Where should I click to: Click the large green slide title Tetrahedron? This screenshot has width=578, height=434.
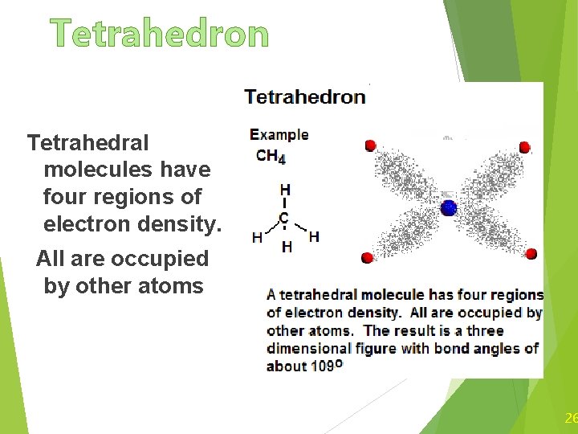[160, 34]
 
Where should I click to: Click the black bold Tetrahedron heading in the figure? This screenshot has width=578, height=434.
[304, 97]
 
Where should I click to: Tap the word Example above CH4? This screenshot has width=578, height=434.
[279, 135]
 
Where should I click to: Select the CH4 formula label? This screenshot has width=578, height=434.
[270, 156]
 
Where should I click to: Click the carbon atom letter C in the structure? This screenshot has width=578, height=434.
[284, 218]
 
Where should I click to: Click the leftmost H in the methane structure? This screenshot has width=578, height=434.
[257, 237]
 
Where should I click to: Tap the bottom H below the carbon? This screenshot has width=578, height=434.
[287, 248]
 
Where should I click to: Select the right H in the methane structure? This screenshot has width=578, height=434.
[313, 236]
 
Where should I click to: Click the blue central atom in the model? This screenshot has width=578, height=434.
[449, 208]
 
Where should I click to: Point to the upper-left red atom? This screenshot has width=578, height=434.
[371, 145]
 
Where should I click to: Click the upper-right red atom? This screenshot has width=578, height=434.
[524, 147]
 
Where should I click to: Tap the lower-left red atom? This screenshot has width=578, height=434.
[367, 258]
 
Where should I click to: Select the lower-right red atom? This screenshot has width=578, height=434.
[531, 254]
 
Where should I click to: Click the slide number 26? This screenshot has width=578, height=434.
[571, 418]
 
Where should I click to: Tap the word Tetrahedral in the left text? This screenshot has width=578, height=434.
[88, 143]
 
